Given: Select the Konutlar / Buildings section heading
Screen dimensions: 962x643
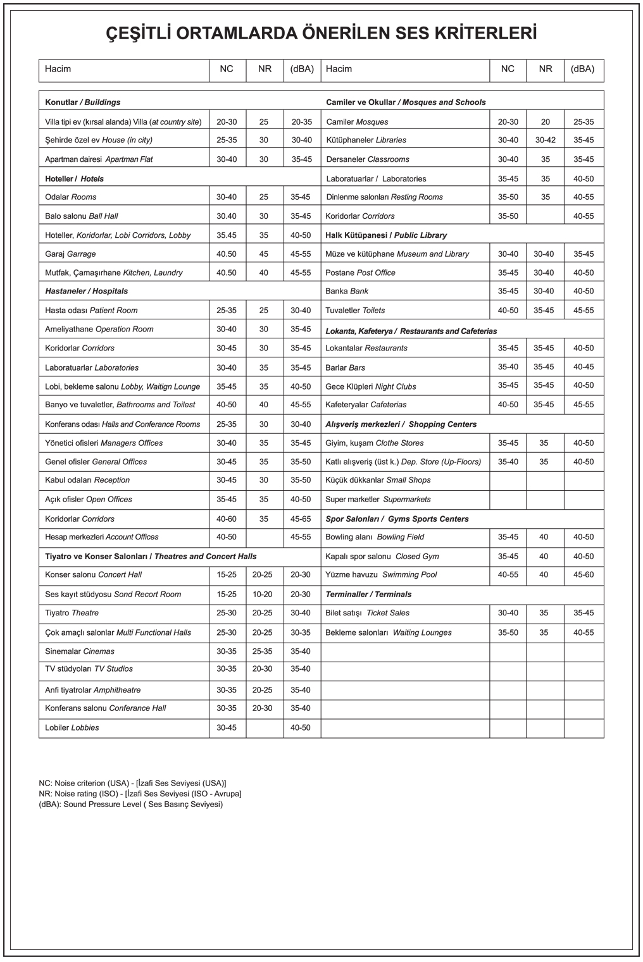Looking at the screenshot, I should tap(82, 102).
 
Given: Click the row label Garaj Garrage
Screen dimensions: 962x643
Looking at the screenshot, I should tap(70, 254).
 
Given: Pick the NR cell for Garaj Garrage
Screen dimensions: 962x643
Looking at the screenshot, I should tap(264, 254).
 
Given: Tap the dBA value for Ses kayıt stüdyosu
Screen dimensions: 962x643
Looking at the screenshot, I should tap(301, 595).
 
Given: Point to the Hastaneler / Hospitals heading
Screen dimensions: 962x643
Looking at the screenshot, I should tap(86, 291).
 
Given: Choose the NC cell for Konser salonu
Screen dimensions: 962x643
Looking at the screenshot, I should tap(227, 575).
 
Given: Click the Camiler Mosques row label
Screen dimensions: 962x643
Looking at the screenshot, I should tap(357, 121).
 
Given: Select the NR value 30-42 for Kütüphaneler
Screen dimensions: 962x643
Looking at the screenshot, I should tap(545, 140).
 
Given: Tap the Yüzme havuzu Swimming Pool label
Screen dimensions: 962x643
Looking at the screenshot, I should tap(381, 575).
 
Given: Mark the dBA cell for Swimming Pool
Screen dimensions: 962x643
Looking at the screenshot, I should tap(584, 575).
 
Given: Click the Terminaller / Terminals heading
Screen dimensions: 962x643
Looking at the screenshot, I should tap(368, 595).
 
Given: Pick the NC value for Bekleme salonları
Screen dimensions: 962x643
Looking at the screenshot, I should tap(508, 632).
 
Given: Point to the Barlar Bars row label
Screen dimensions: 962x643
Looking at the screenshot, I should tap(345, 367).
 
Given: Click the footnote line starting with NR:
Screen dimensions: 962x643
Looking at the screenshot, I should tap(140, 794).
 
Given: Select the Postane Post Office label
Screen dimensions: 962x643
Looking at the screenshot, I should tap(360, 273).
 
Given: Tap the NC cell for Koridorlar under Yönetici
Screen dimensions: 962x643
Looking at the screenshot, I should tap(227, 519).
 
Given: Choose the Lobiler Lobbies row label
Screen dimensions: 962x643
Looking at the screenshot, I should tap(72, 727).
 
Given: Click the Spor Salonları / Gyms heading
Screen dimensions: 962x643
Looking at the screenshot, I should tap(397, 519).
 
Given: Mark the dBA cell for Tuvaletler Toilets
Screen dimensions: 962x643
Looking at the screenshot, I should tap(584, 311).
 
